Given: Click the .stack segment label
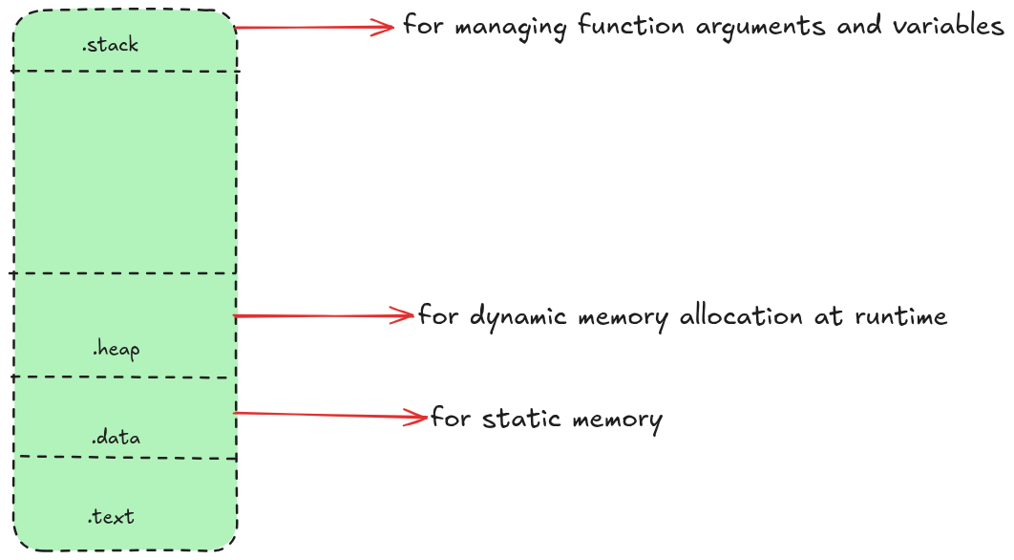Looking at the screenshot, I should [x=111, y=45].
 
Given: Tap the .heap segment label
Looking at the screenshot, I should [x=116, y=350].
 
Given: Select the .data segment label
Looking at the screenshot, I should [x=116, y=438].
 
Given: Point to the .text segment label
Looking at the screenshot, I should [x=112, y=517].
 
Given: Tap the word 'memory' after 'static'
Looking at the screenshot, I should [x=618, y=420].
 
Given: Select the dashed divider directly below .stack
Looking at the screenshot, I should [x=124, y=71].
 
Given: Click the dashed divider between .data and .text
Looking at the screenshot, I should [x=124, y=458].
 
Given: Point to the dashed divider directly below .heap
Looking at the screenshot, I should [x=124, y=377].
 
